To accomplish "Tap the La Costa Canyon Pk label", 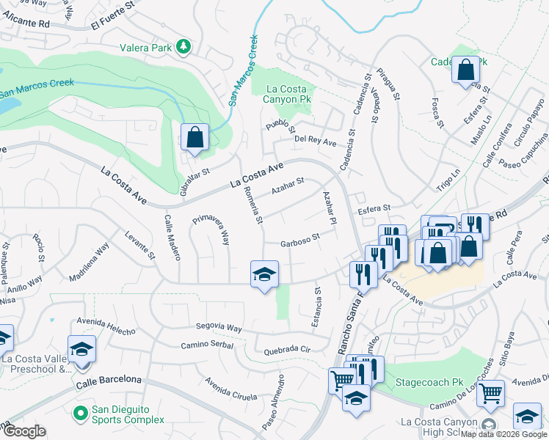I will [283, 93].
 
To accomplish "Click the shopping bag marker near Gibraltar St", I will [194, 137].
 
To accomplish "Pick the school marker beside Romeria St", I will [264, 275].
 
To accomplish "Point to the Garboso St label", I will [300, 240].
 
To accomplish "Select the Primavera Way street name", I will [211, 230].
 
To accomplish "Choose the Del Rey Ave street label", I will [315, 139].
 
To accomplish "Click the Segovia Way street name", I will [219, 328].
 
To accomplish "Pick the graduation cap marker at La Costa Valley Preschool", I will [81, 349].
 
